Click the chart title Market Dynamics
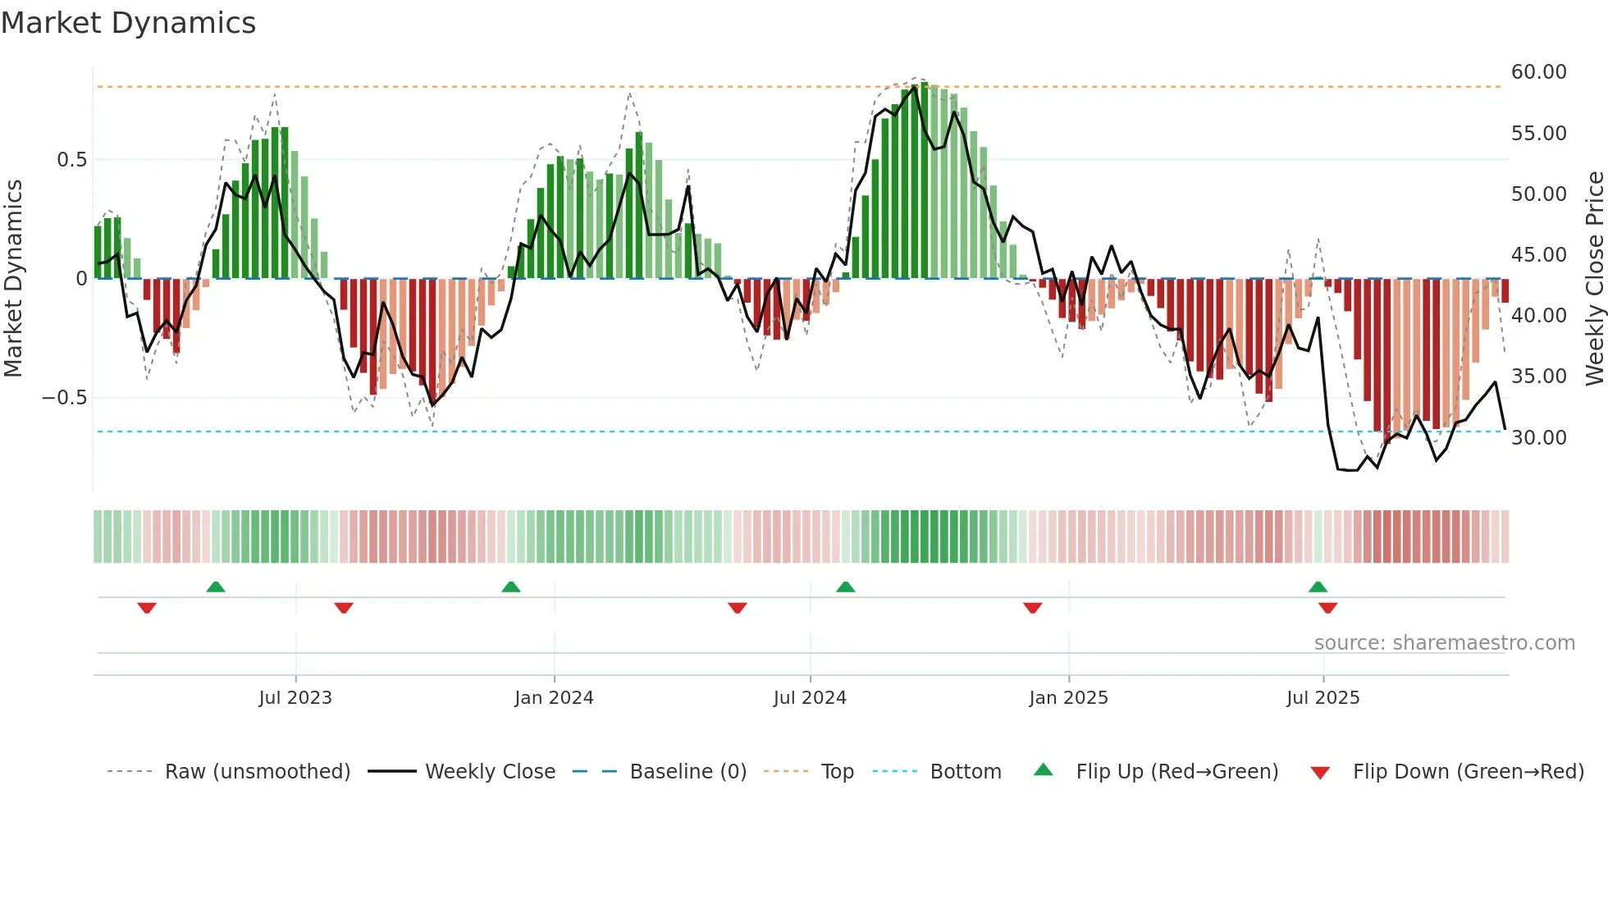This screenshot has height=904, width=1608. coord(128,23)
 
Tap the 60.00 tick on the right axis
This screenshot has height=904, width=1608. coord(1538,72)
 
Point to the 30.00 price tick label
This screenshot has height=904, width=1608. coord(1538,438)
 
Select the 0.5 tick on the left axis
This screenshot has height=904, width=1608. coord(71,160)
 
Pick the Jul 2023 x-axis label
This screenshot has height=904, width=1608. coord(295,698)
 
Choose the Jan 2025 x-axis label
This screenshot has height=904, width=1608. coord(1068,698)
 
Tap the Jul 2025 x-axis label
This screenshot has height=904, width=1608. coord(1322,698)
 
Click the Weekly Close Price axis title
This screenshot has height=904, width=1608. coord(1594,279)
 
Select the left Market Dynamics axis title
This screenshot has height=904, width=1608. coord(13,279)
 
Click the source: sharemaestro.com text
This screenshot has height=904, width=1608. coord(1444,643)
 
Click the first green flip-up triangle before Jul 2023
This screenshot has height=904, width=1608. coord(216,587)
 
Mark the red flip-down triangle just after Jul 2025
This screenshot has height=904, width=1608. coord(1327,608)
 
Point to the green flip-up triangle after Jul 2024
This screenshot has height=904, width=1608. coord(845,587)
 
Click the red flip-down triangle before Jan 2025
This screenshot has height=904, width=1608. coord(1032,608)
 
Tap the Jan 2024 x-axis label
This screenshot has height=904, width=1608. coord(554,698)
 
